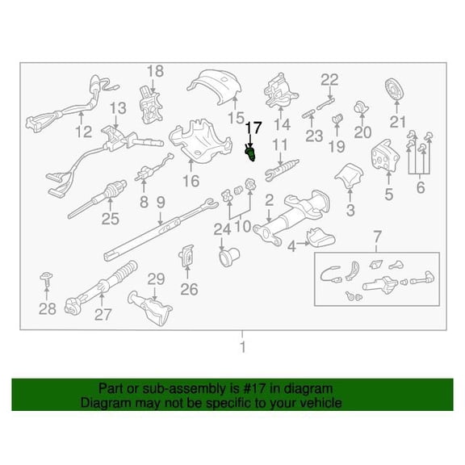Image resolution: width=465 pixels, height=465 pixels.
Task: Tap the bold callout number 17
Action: (253, 128)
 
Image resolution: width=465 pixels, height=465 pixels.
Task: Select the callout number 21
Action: (397, 122)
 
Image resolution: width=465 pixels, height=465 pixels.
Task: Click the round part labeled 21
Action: (396, 90)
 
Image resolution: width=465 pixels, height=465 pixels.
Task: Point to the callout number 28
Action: (48, 309)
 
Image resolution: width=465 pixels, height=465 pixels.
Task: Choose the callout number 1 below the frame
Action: (242, 347)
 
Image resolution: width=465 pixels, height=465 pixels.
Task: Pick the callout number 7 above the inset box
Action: (377, 237)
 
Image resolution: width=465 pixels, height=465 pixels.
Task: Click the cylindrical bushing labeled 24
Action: (229, 258)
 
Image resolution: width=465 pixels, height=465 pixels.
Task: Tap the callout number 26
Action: (189, 289)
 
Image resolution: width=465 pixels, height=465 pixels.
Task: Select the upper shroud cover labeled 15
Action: (215, 86)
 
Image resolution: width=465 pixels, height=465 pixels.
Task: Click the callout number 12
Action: (84, 132)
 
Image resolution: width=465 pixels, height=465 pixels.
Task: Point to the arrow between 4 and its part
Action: (304, 244)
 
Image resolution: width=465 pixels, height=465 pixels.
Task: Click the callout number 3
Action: (350, 210)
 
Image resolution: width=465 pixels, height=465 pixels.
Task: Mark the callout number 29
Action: (157, 279)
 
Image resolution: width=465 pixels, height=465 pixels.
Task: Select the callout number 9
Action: (161, 203)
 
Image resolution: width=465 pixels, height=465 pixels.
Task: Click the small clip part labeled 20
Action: (361, 108)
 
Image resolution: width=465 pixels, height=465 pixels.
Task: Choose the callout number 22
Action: (329, 80)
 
